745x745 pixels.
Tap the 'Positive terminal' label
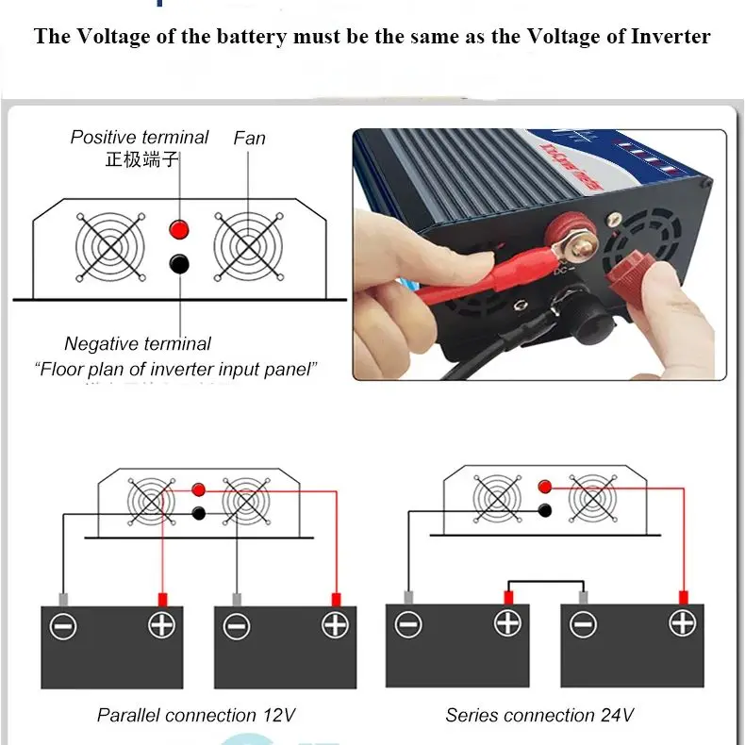(140, 138)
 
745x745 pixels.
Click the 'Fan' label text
(250, 139)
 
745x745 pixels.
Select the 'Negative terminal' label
(138, 344)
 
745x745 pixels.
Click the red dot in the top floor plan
(178, 229)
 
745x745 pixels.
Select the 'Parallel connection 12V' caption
(196, 715)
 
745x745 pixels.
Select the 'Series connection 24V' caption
(539, 715)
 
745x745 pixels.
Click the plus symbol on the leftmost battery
(161, 625)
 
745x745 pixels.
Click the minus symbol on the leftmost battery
(63, 626)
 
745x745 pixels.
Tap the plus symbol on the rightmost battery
(681, 622)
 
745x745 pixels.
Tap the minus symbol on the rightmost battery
(584, 623)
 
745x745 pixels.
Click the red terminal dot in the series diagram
(543, 488)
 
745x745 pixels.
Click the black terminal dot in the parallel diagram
(198, 513)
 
